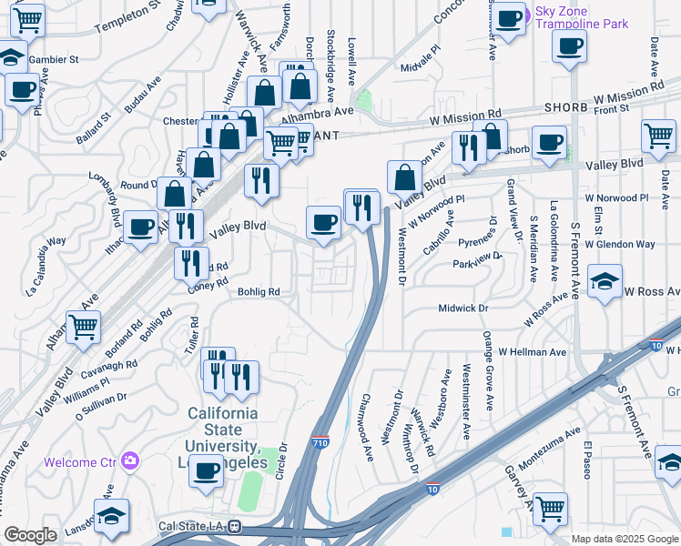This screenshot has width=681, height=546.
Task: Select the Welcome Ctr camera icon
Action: (x=131, y=460)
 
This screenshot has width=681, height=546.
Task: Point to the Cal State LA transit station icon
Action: (x=235, y=526)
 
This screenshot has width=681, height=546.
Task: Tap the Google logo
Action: (x=31, y=535)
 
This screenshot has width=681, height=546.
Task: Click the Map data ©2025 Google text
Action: (x=624, y=539)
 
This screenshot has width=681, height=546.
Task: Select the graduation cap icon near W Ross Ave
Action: (x=605, y=283)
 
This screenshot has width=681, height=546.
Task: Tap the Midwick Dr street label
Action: (x=464, y=308)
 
